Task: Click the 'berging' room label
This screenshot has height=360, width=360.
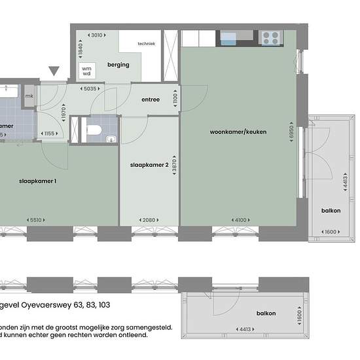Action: tap(119, 65)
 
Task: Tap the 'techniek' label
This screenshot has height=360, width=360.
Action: tap(146, 44)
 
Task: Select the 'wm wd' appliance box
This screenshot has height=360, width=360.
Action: tap(86, 69)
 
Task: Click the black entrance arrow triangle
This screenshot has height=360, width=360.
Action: tap(54, 71)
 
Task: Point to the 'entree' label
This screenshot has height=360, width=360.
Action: tap(151, 100)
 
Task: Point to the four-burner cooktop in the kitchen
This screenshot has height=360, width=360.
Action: tap(270, 38)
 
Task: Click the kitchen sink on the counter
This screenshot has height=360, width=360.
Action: tap(230, 37)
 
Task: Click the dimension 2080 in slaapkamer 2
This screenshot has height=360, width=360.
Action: tap(149, 219)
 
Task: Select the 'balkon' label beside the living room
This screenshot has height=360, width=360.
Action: tap(330, 211)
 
